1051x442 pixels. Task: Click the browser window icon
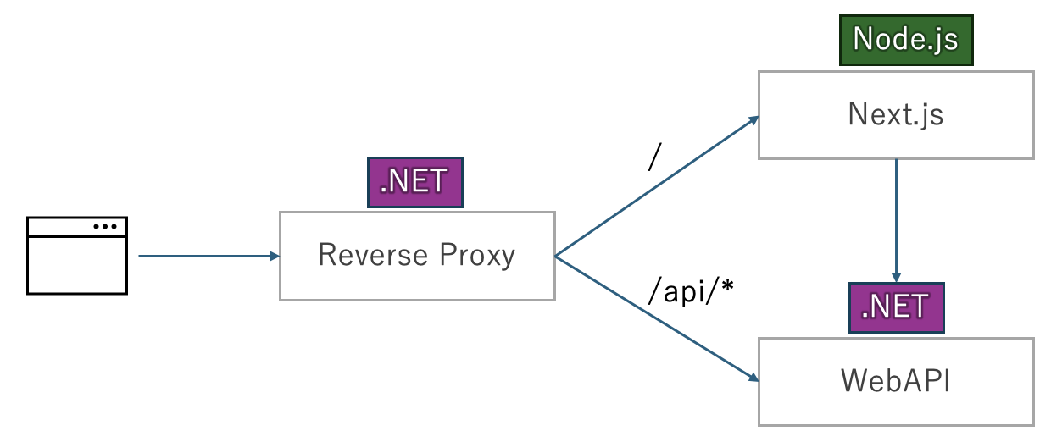[x=77, y=255]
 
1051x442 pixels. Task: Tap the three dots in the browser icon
[x=105, y=226]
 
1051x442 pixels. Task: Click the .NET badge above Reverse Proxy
[x=414, y=182]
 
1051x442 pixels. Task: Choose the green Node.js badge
[x=906, y=39]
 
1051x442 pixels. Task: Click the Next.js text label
[x=895, y=115]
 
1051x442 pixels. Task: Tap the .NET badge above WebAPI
[x=896, y=307]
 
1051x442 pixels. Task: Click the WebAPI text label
[x=895, y=381]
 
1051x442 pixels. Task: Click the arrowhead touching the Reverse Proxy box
[x=274, y=255]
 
